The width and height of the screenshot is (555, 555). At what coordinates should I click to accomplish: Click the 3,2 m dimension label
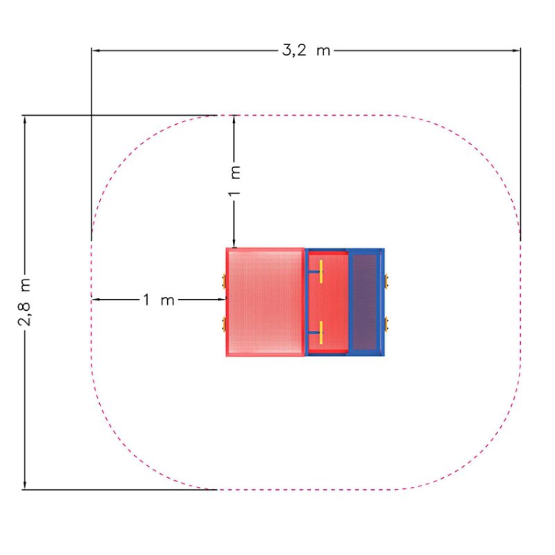tap(306, 50)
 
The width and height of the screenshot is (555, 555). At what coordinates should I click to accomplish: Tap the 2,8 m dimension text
tap(25, 302)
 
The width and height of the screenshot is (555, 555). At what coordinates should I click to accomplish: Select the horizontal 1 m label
tap(159, 300)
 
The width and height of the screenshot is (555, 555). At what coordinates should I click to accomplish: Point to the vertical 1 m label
tap(234, 181)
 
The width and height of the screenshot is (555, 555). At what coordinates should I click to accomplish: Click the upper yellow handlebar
tap(321, 271)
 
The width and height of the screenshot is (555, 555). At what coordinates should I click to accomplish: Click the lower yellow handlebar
tap(321, 333)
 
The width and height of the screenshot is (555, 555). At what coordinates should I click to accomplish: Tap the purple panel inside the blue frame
tap(365, 302)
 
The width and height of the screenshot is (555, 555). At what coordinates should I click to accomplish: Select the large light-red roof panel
tap(265, 302)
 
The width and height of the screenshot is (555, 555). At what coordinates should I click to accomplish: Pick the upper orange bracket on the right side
tap(386, 282)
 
